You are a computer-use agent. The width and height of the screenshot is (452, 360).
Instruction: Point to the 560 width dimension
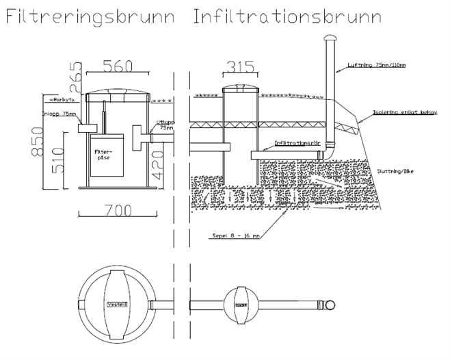point(117,66)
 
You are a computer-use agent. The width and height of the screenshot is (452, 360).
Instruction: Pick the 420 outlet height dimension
point(159,164)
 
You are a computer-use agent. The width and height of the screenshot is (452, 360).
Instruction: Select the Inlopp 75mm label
point(59,115)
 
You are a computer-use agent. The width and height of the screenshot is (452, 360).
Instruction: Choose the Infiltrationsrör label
point(296,144)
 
